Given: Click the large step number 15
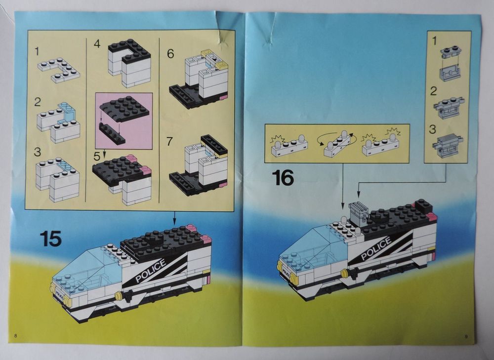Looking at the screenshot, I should tap(51, 238).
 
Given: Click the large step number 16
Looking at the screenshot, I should tap(283, 177).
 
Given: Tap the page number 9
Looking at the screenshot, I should tap(466, 337).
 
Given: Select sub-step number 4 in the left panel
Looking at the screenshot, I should tap(97, 43).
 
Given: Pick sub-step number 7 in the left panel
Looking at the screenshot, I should tap(170, 141).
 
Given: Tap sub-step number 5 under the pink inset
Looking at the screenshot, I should tap(97, 157).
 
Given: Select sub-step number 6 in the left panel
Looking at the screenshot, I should tap(170, 54).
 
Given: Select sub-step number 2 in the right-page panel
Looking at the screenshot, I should tap(433, 91).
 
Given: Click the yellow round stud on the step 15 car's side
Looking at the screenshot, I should tap(119, 295).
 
